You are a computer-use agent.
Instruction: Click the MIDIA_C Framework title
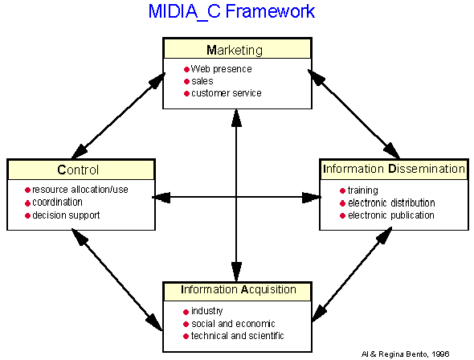[x=231, y=12]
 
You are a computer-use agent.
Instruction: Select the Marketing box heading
[x=235, y=50]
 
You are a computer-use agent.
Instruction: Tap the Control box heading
[x=78, y=170]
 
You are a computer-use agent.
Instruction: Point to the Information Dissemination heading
[x=394, y=169]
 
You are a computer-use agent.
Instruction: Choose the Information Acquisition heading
[x=239, y=289]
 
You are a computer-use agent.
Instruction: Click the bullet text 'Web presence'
[x=221, y=69]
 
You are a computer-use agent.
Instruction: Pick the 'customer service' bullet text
[x=227, y=93]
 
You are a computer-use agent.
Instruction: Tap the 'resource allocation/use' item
[x=80, y=190]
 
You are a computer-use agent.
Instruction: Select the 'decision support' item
[x=66, y=215]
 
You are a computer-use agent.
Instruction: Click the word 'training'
[x=363, y=190]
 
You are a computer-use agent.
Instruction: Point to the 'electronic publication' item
[x=391, y=215]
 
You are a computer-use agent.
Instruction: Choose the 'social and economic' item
[x=233, y=324]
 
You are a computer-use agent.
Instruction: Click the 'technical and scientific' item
[x=237, y=336]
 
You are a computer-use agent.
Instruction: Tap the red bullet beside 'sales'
[x=186, y=82]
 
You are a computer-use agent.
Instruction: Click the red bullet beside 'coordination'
[x=27, y=202]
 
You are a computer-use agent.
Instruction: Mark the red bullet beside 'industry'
[x=186, y=312]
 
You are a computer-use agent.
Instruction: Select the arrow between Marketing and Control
[x=119, y=116]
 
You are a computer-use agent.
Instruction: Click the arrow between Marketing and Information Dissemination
[x=353, y=114]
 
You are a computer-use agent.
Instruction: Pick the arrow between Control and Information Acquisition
[x=117, y=280]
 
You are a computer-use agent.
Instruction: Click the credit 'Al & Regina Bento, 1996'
[x=406, y=354]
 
